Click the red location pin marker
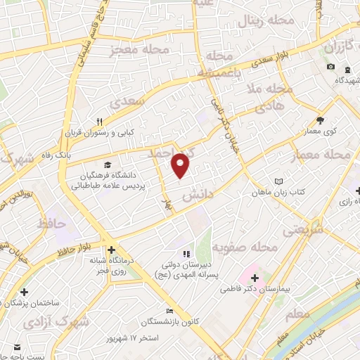tap(181, 165)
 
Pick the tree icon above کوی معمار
tap(321, 120)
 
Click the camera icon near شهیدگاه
tap(330, 67)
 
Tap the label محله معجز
tap(141, 50)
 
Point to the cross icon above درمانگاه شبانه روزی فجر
tap(111, 249)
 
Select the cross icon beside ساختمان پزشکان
tap(25, 291)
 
